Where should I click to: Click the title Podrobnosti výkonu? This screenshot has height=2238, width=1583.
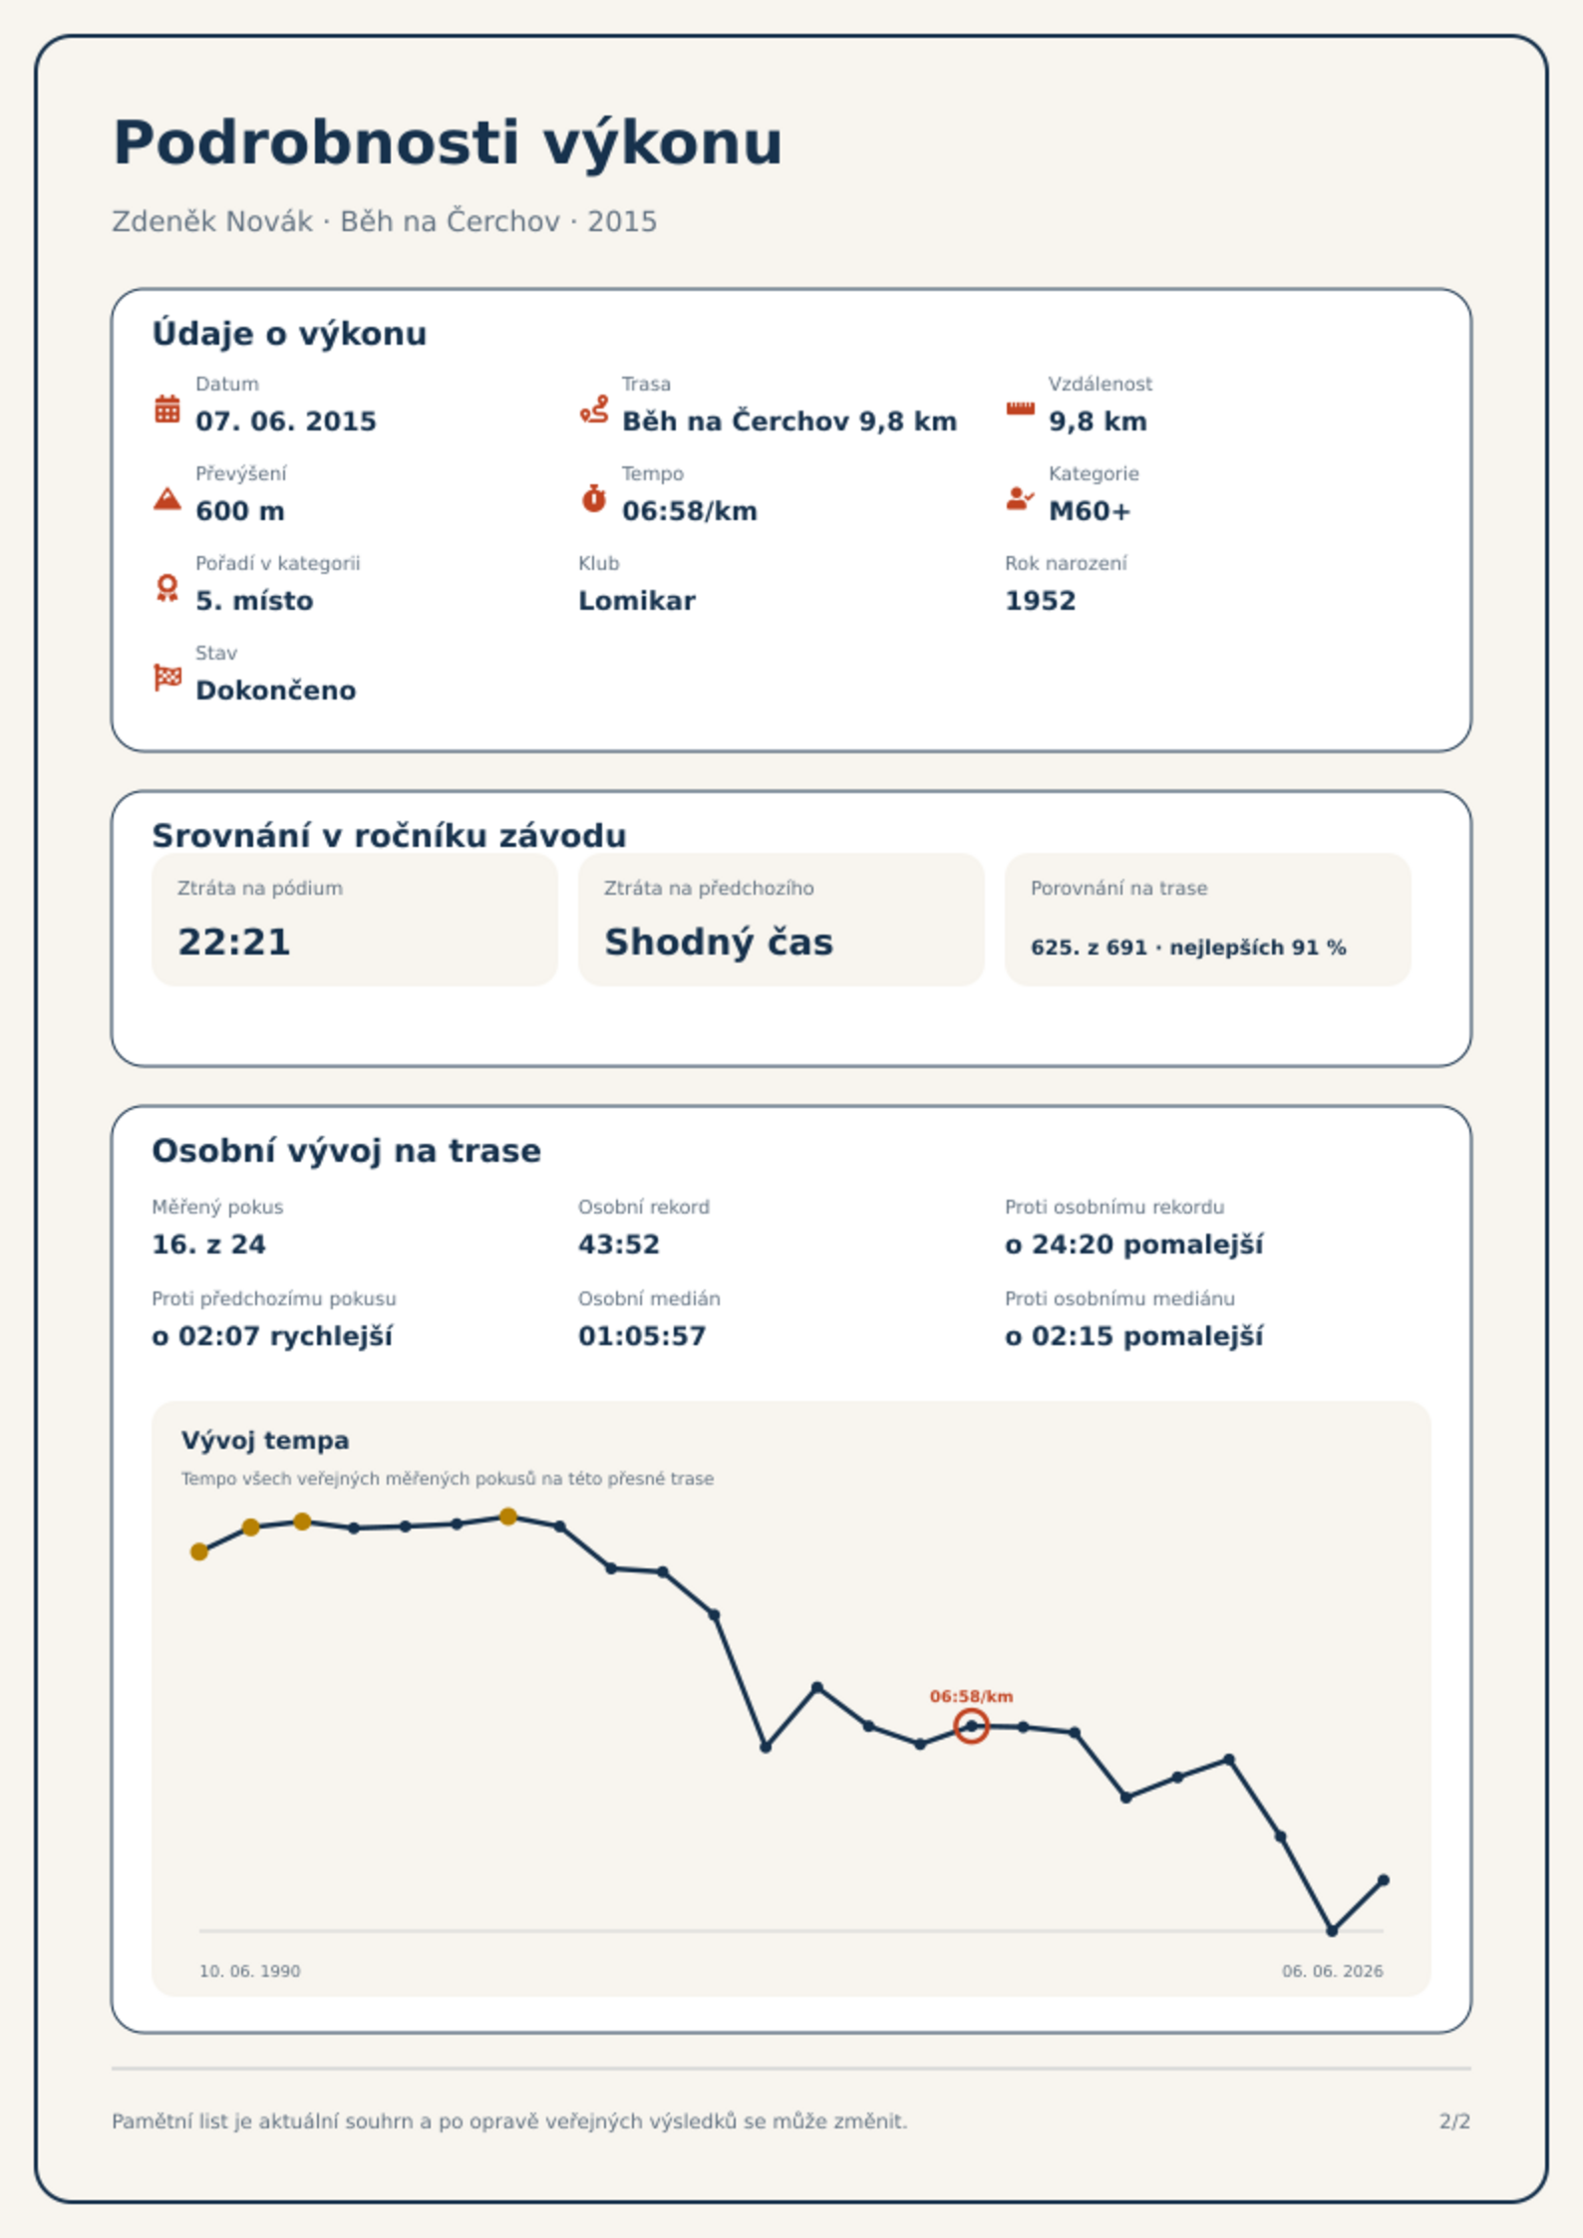tap(448, 143)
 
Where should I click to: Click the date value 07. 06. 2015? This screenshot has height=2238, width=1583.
tap(286, 421)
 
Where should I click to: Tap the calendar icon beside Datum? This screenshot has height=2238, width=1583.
tap(167, 409)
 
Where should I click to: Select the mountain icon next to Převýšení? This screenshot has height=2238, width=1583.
tap(167, 498)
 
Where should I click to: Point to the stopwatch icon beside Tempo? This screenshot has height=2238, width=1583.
tap(594, 497)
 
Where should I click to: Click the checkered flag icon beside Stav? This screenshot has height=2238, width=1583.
tap(167, 678)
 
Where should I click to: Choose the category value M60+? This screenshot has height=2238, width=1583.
tap(1090, 511)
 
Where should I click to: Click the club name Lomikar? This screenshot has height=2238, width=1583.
tap(637, 601)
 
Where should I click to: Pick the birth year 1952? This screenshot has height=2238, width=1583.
tap(1041, 601)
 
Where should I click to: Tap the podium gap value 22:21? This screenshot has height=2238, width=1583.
tap(234, 942)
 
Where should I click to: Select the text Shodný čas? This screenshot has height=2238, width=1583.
tap(719, 942)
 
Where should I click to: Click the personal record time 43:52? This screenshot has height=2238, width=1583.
tap(619, 1245)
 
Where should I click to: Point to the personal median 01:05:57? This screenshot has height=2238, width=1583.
tap(642, 1336)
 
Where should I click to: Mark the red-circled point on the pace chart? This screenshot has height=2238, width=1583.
tap(971, 1726)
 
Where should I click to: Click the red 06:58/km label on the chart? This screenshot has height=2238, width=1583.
tap(971, 1696)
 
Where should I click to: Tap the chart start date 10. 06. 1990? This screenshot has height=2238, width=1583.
tap(249, 1971)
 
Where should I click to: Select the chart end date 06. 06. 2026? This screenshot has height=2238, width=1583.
tap(1333, 1971)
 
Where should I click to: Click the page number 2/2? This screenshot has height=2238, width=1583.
tap(1454, 2121)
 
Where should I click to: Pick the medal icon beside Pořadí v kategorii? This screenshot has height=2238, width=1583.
tap(167, 588)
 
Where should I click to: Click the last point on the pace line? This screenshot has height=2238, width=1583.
tap(1383, 1880)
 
